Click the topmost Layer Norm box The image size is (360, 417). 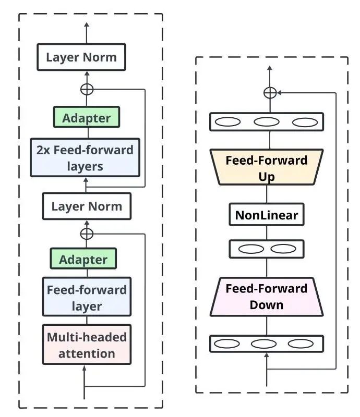(81, 57)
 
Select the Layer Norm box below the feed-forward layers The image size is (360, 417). (87, 206)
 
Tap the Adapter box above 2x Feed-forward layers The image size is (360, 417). (87, 117)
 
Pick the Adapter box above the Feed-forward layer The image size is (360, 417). (83, 259)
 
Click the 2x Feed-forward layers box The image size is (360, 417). (85, 157)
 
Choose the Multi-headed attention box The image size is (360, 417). (87, 345)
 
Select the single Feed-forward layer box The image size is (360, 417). (87, 297)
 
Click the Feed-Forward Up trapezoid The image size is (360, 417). (267, 167)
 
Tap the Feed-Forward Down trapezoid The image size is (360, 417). (267, 297)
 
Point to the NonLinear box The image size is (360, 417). (267, 215)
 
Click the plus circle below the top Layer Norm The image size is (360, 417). (87, 89)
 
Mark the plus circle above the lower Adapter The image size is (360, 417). (87, 234)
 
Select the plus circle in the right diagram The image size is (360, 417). (270, 93)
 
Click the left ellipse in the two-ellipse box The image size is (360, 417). (251, 249)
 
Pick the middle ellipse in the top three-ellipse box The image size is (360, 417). (267, 122)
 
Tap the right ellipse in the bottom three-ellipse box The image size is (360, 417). (301, 344)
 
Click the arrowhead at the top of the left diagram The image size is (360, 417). (87, 24)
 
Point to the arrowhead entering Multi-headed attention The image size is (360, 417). (85, 368)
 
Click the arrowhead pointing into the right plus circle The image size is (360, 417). (279, 93)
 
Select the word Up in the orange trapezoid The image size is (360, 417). (267, 177)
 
